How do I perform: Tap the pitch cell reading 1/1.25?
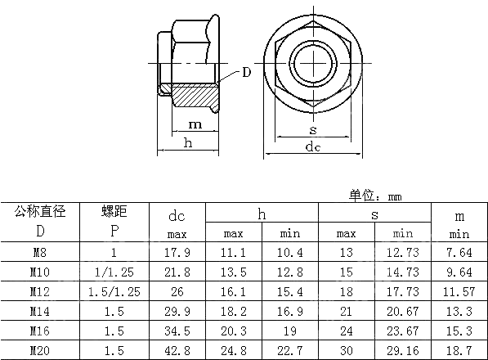114,271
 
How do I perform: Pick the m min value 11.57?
459,290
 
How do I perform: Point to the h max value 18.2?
234,310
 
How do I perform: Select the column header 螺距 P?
114,222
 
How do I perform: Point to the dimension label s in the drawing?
312,129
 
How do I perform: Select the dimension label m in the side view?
195,124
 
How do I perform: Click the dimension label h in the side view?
188,143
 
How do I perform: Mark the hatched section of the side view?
195,92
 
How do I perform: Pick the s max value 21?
346,310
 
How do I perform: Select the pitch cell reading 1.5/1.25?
114,290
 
